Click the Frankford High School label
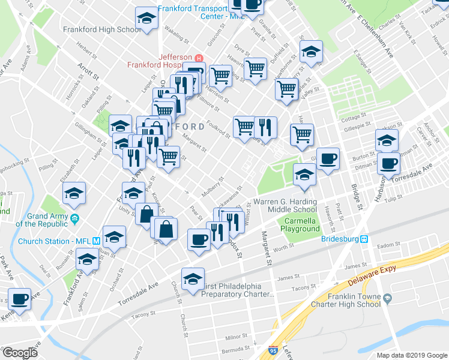pyautogui.click(x=102, y=29)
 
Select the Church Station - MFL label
pyautogui.click(x=55, y=241)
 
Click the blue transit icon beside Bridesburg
pyautogui.click(x=364, y=238)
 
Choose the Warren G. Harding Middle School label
pyautogui.click(x=286, y=205)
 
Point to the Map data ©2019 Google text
pyautogui.click(x=412, y=355)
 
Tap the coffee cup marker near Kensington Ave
pyautogui.click(x=18, y=299)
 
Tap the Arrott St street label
pyautogui.click(x=88, y=72)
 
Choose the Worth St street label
pyautogui.click(x=282, y=247)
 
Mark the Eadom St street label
pyautogui.click(x=388, y=245)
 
